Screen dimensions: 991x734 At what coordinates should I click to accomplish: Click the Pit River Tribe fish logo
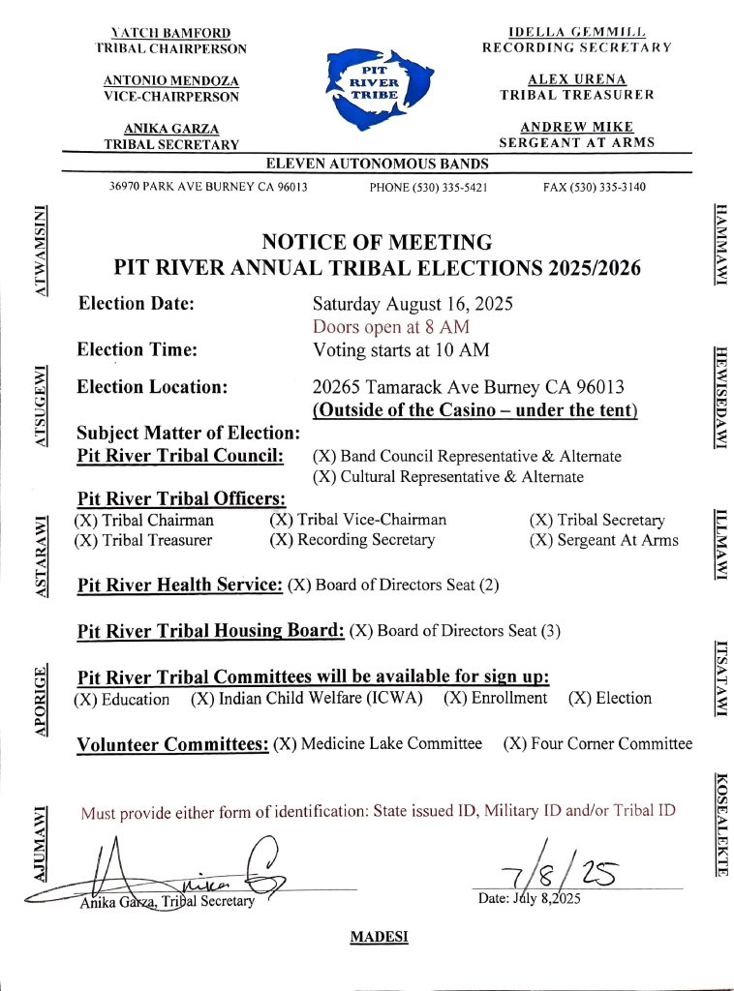coord(374,84)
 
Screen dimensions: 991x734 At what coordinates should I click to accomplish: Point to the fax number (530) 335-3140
coord(595,187)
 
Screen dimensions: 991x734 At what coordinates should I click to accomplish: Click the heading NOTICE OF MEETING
coord(377,242)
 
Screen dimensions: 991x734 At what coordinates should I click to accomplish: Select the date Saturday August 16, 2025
coord(413,304)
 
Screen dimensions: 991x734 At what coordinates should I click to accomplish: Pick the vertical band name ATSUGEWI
coord(41,405)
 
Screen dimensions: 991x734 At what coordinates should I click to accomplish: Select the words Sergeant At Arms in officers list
coord(618,540)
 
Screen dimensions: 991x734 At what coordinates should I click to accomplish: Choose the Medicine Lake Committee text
coord(391,743)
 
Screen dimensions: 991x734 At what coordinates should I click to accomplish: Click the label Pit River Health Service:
coord(180,585)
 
